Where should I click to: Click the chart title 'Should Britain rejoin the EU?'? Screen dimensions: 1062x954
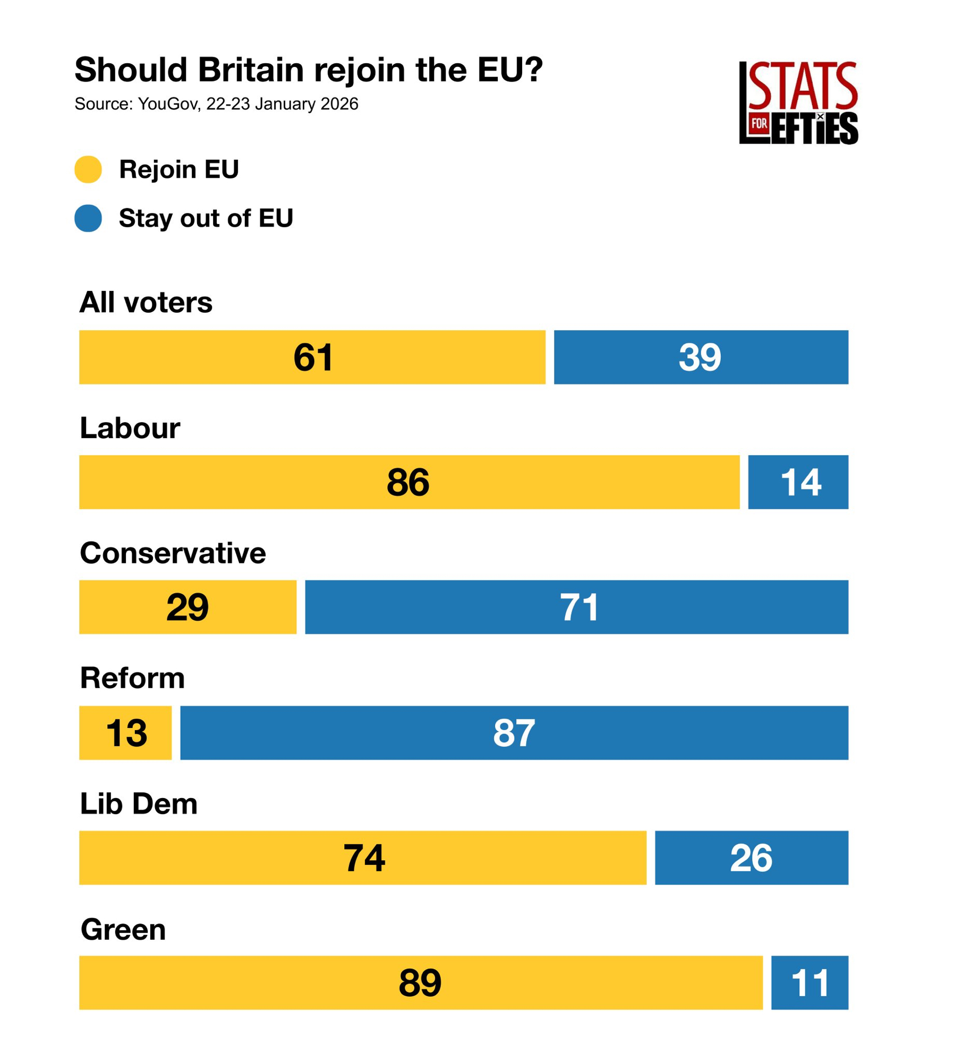click(x=308, y=70)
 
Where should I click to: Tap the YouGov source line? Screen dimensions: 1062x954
click(x=216, y=104)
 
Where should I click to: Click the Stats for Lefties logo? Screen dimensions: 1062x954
click(x=797, y=102)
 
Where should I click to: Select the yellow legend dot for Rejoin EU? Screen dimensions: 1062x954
click(x=88, y=169)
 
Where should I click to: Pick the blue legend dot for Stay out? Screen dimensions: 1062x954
click(x=88, y=218)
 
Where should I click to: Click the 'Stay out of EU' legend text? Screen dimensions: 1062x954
click(x=206, y=218)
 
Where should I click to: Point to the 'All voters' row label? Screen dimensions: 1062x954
click(x=146, y=302)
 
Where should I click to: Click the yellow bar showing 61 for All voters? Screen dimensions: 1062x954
click(x=312, y=357)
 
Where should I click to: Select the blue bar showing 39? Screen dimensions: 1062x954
click(x=700, y=357)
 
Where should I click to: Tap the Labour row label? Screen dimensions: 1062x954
click(x=130, y=427)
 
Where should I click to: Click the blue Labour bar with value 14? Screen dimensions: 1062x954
click(x=797, y=482)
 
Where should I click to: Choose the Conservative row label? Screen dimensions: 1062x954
click(x=173, y=553)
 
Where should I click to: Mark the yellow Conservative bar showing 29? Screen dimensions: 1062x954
click(x=188, y=606)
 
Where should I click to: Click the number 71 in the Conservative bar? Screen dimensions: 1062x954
click(x=579, y=607)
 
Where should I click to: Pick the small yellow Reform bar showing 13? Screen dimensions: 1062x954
click(x=125, y=732)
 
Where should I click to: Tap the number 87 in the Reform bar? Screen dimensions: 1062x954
click(x=514, y=733)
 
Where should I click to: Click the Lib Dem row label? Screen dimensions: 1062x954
click(x=138, y=803)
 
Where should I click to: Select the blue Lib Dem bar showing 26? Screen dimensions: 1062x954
click(x=751, y=858)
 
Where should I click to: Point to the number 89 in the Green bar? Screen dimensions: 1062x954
click(x=420, y=983)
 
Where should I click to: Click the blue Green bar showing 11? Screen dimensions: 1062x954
click(x=809, y=982)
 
